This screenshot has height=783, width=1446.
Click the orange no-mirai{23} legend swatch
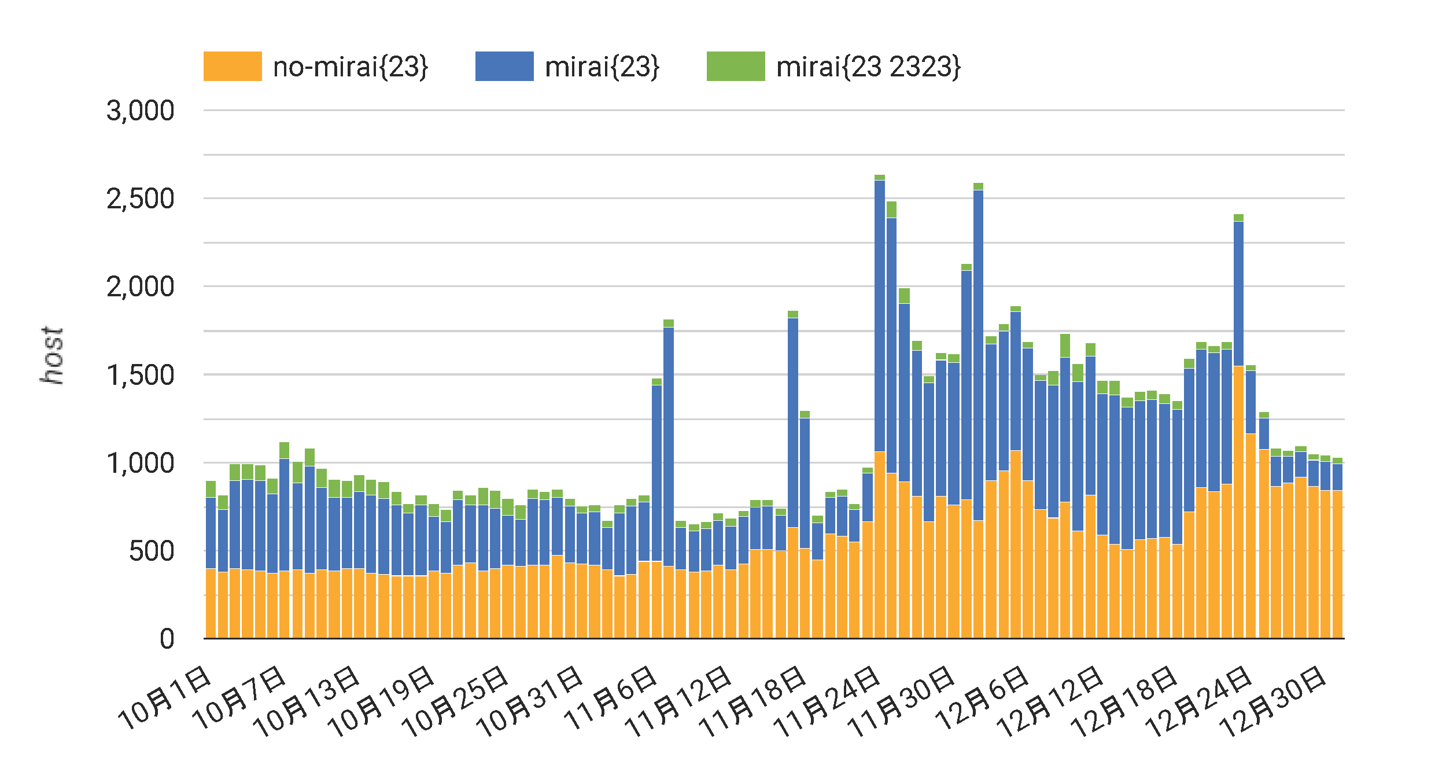click(233, 66)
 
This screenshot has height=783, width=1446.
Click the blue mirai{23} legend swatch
click(504, 66)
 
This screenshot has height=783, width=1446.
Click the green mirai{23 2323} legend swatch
click(736, 66)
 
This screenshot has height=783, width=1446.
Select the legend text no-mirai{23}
click(351, 67)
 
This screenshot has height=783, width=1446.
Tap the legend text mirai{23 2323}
click(868, 67)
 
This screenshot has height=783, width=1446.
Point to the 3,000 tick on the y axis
click(140, 111)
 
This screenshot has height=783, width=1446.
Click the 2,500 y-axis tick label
click(140, 199)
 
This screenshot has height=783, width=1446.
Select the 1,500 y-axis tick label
click(140, 376)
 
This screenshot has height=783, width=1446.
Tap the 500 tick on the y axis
click(151, 552)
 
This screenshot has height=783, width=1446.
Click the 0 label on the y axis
click(167, 639)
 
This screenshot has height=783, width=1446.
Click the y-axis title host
click(52, 355)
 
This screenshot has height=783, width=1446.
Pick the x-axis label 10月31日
click(530, 701)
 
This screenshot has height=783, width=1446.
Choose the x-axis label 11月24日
click(827, 701)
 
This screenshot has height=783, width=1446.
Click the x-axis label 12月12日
click(1050, 701)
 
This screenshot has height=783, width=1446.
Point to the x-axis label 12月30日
click(1273, 701)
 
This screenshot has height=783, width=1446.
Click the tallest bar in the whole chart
click(879, 405)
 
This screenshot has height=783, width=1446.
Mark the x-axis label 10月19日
click(381, 701)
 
